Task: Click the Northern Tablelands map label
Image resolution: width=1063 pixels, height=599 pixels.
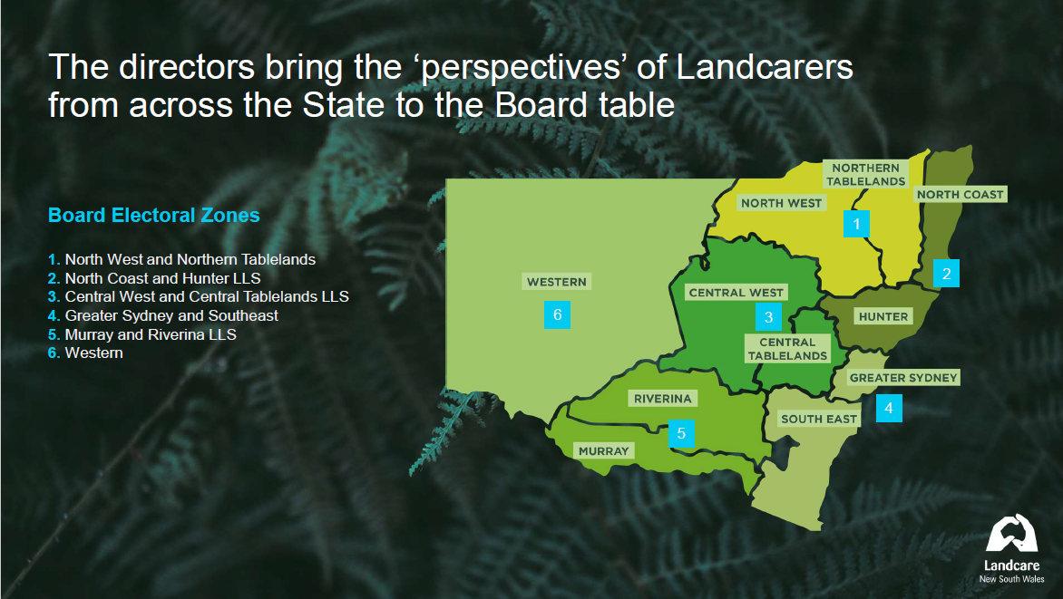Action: (865, 174)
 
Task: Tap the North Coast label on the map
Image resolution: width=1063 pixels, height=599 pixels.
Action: (960, 195)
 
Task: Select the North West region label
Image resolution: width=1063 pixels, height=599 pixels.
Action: (781, 203)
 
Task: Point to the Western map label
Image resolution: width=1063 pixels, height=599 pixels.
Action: (557, 282)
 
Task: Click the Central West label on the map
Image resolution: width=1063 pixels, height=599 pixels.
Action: (736, 293)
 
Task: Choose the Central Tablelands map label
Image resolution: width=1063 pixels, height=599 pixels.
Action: (788, 349)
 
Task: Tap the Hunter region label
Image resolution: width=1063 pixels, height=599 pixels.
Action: (883, 316)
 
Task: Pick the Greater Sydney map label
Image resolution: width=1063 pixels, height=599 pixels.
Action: (903, 377)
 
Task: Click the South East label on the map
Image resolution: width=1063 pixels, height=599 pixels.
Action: (819, 419)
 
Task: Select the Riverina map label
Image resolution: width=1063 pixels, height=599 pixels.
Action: (662, 399)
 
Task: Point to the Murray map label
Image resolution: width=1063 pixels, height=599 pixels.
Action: (603, 450)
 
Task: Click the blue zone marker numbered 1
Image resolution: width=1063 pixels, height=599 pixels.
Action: (856, 224)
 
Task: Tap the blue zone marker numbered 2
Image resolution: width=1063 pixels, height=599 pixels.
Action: (946, 274)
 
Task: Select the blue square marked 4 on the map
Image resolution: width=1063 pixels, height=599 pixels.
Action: (889, 409)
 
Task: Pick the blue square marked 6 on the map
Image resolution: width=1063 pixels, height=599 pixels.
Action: (557, 315)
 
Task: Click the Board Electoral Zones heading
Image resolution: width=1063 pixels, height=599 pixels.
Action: (154, 216)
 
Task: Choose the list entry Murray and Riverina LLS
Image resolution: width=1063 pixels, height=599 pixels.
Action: (142, 334)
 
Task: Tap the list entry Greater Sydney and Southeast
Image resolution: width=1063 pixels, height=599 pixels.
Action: (163, 315)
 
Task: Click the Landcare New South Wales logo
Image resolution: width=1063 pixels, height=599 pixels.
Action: (1011, 549)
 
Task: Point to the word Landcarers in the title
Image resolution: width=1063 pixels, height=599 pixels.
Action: (765, 67)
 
